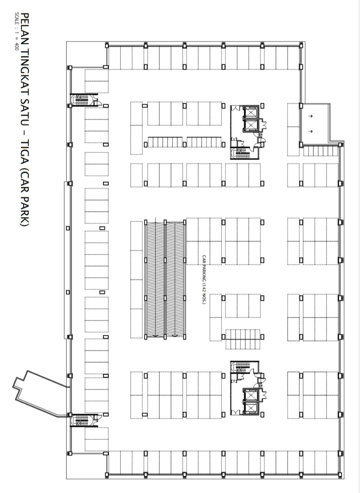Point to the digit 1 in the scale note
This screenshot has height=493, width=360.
pos(16,32)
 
